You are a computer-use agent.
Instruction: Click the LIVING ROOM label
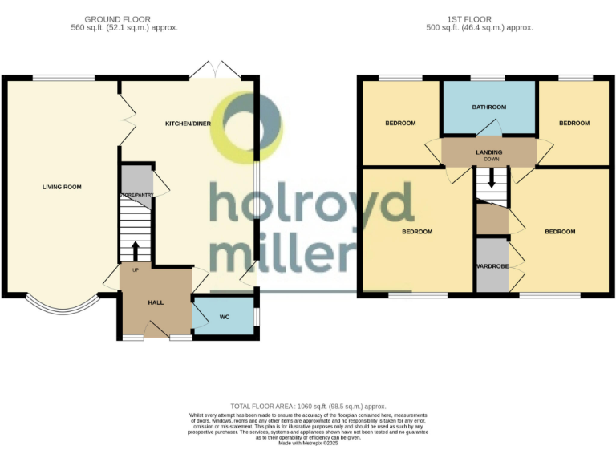point(62,187)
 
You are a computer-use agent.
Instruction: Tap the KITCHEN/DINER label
point(188,124)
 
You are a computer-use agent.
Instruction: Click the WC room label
point(225,317)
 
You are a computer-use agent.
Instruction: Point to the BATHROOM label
point(488,107)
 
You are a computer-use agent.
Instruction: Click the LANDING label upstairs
point(488,152)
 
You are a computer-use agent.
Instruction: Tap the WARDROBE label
point(492,265)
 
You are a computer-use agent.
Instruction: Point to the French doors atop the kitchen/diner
point(215,70)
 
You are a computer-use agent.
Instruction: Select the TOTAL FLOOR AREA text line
point(307,407)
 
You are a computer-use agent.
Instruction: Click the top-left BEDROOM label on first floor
point(400,123)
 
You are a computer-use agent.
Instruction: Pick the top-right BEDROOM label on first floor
point(573,123)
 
